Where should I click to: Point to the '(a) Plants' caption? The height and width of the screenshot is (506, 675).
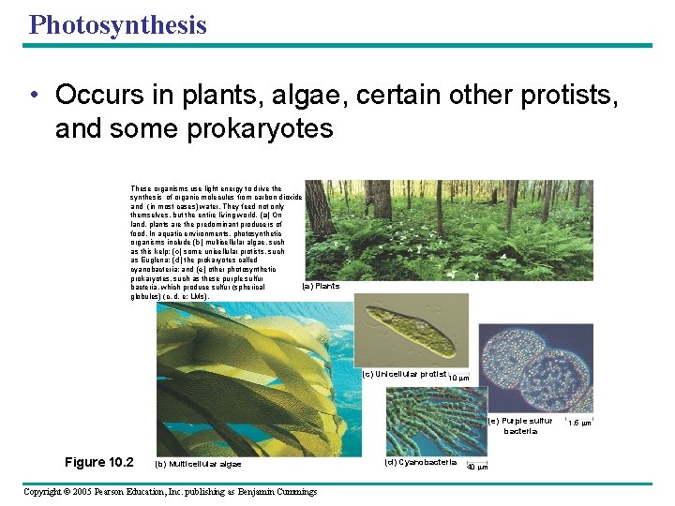coord(321,286)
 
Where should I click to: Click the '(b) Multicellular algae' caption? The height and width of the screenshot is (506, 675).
coord(197,464)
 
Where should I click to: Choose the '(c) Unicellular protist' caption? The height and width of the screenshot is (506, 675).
coord(404,374)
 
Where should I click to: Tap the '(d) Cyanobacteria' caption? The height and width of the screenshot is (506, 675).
coord(420,462)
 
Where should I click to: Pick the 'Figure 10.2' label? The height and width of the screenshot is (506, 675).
coord(99,462)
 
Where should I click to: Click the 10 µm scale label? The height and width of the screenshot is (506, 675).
coord(458,378)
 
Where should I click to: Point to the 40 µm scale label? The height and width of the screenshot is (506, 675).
coord(477,467)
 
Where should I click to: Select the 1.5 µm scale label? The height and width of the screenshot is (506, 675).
coord(580,423)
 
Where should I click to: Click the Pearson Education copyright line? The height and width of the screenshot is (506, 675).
coord(170,491)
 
